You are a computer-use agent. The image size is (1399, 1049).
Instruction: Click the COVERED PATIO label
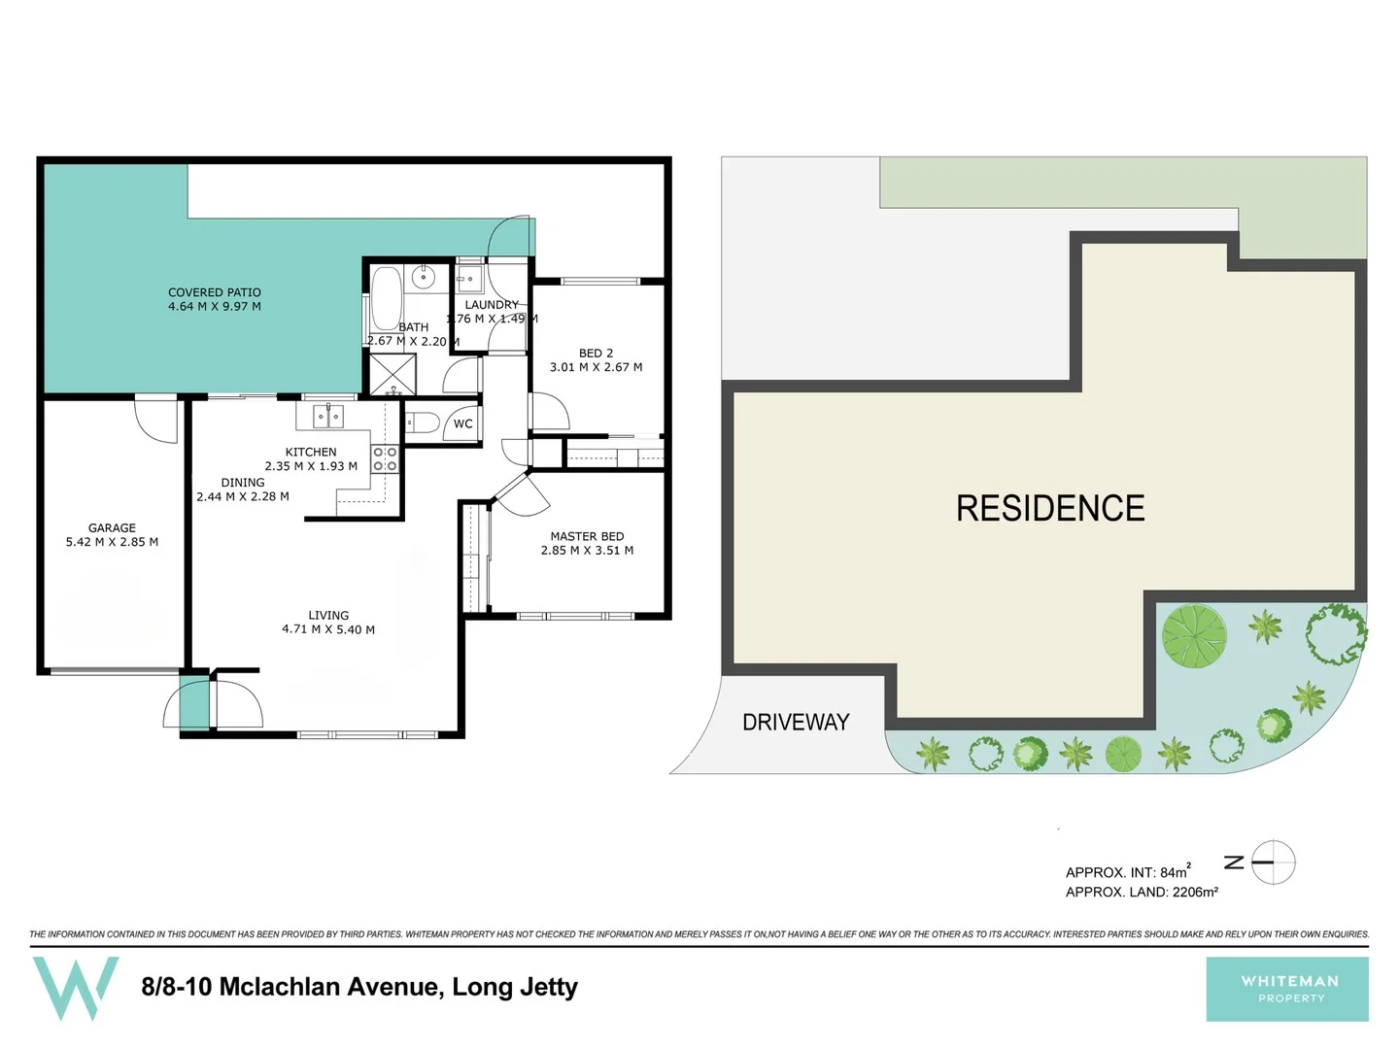point(215,292)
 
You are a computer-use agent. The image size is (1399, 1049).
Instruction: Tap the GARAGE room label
point(112,528)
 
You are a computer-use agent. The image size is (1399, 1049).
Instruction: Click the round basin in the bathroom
point(424,277)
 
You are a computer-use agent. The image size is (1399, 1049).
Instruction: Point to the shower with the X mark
point(392,375)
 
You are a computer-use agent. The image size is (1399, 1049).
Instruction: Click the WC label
point(463,423)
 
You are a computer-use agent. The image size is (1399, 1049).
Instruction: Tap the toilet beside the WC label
point(422,423)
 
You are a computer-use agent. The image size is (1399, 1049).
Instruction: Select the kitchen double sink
point(328,417)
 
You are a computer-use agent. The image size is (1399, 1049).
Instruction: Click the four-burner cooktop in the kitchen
point(385,459)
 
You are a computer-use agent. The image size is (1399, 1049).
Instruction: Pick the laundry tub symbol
point(469,280)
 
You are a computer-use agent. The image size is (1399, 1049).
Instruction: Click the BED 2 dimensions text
point(596,367)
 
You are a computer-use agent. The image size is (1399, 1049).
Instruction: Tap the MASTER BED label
point(587,536)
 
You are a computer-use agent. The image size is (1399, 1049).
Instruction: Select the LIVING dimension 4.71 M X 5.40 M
point(328,629)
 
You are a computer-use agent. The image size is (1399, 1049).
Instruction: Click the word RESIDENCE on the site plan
point(1050,508)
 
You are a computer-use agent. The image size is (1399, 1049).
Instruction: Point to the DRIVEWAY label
point(796,722)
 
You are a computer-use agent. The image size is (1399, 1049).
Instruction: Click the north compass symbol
point(1272,862)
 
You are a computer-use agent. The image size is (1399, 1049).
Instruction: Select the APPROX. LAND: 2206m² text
point(1142,892)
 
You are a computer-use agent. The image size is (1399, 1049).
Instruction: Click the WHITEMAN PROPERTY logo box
point(1287,989)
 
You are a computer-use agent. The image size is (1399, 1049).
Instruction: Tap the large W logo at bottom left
point(76,986)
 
